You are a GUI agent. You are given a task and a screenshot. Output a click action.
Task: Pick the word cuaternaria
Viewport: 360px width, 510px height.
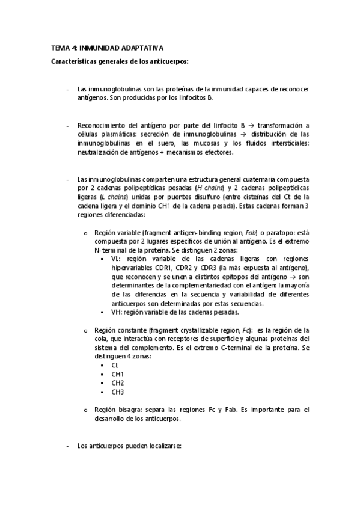[x=243, y=179]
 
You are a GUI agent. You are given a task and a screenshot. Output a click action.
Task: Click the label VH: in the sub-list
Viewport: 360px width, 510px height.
[x=116, y=312]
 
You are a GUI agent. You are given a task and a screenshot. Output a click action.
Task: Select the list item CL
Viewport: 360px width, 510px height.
[x=115, y=366]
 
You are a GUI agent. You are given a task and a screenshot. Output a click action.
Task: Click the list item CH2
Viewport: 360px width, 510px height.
[x=117, y=383]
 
